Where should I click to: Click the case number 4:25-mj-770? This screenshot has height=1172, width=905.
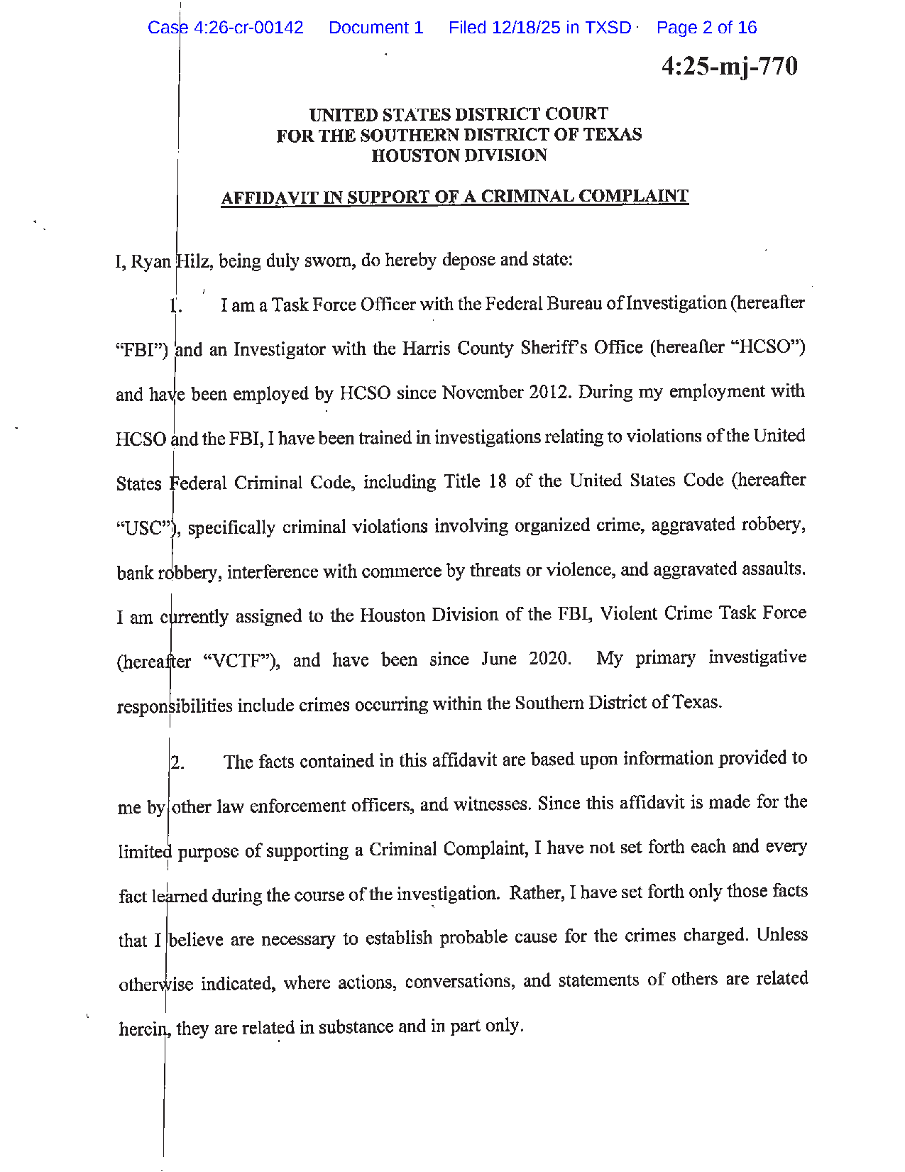pyautogui.click(x=729, y=66)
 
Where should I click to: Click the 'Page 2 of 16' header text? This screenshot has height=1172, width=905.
pyautogui.click(x=706, y=28)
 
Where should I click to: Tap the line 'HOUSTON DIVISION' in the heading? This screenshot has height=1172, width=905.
pyautogui.click(x=459, y=155)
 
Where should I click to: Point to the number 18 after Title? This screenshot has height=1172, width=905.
pyautogui.click(x=497, y=481)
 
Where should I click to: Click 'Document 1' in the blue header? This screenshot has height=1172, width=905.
pyautogui.click(x=375, y=28)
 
